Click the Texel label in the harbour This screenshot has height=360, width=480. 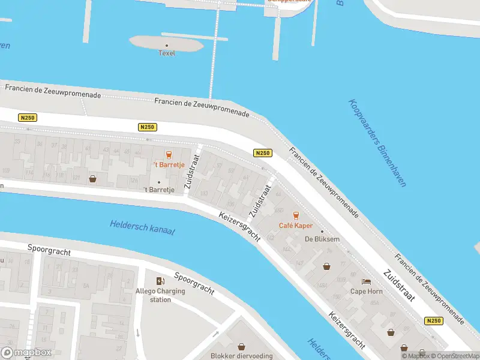[166, 53]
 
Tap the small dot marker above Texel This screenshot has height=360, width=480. [167, 45]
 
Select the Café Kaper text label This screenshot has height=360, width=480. [295, 226]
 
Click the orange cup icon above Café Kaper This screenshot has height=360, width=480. [295, 215]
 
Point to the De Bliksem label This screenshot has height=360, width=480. [322, 239]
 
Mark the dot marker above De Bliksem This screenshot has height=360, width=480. [322, 231]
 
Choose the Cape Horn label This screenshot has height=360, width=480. [366, 292]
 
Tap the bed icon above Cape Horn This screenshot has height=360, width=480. [366, 281]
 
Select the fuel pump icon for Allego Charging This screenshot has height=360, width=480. [160, 281]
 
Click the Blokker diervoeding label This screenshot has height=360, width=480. [241, 356]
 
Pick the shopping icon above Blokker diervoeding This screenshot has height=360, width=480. [241, 346]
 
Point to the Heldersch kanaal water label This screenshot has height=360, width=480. [142, 227]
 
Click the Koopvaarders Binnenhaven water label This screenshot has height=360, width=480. [377, 143]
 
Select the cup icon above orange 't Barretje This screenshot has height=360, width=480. [168, 154]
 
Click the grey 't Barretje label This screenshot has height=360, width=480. [159, 190]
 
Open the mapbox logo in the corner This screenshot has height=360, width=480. [26, 352]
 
